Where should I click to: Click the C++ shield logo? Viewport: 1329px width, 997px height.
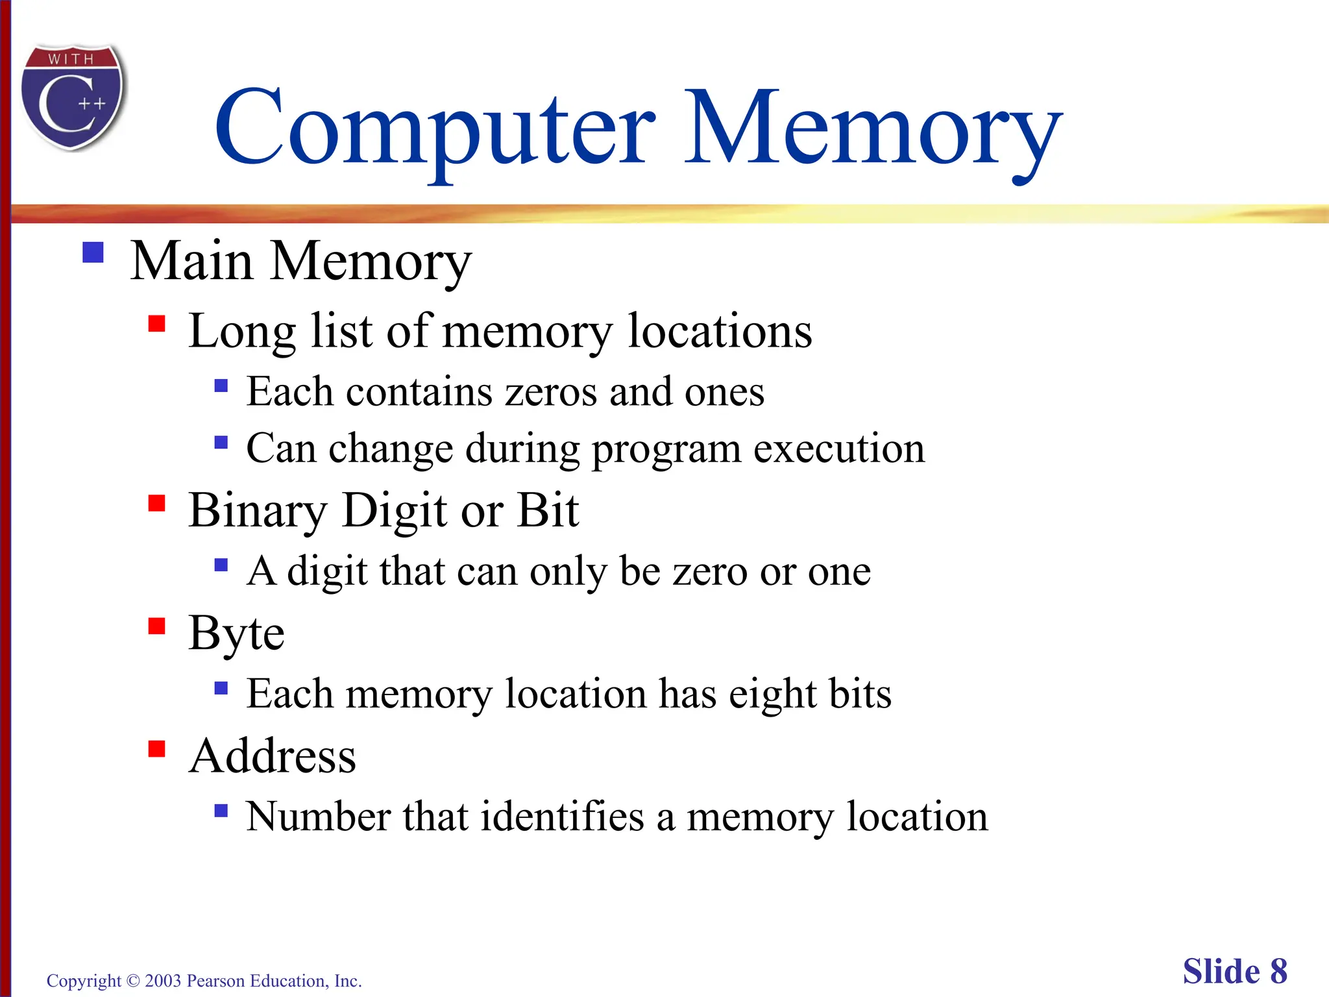point(73,97)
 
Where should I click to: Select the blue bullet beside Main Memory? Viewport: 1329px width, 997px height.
point(93,252)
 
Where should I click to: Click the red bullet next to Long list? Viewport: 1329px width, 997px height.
point(156,323)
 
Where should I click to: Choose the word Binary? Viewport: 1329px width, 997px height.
point(258,510)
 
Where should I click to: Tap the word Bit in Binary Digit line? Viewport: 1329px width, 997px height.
point(548,510)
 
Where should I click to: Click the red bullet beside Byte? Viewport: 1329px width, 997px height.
point(156,626)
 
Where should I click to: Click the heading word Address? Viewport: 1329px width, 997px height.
point(273,756)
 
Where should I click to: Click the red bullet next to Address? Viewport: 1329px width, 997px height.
point(156,749)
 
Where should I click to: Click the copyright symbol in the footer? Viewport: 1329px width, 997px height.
point(133,981)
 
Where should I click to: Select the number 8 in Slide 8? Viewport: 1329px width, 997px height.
point(1278,972)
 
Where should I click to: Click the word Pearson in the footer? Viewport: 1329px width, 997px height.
point(215,981)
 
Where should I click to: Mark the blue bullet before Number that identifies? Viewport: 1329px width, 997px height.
point(221,810)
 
